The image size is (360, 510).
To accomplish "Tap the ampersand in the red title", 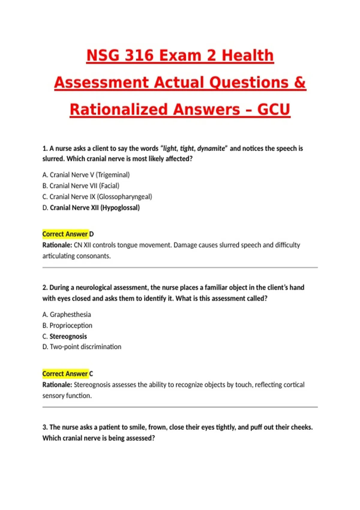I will [300, 82].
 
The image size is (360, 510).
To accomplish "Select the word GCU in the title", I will [273, 109].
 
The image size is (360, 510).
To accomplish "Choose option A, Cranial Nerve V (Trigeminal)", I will [86, 175].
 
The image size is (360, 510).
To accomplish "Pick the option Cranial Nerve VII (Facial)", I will [81, 186].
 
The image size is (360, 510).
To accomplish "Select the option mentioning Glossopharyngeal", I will [97, 197].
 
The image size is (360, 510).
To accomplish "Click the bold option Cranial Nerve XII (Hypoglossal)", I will [91, 208].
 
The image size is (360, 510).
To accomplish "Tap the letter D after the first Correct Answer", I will [91, 234].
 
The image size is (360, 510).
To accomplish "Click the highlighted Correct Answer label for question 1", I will [65, 234].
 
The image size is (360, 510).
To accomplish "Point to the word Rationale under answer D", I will [57, 245].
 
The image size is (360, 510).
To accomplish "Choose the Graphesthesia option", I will [67, 314].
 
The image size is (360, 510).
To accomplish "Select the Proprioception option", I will [67, 325].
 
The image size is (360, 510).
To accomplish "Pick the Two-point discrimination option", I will [82, 347].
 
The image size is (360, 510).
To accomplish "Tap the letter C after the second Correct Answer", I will [91, 374].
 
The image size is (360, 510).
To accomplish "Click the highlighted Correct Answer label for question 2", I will [65, 374].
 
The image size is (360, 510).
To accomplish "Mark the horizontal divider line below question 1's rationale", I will [180, 267].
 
